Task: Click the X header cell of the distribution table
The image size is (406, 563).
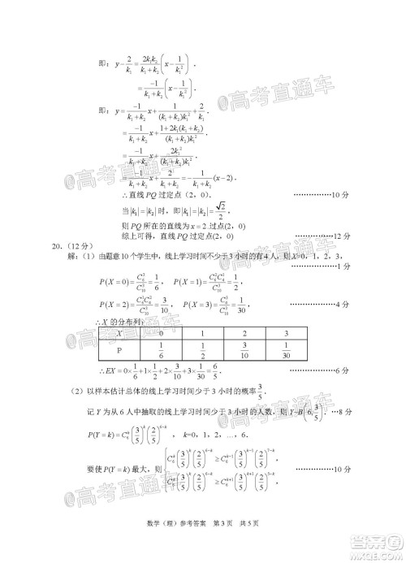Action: [x=120, y=334]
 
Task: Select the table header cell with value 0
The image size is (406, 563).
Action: [x=163, y=334]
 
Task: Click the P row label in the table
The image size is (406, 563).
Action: [x=120, y=351]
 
